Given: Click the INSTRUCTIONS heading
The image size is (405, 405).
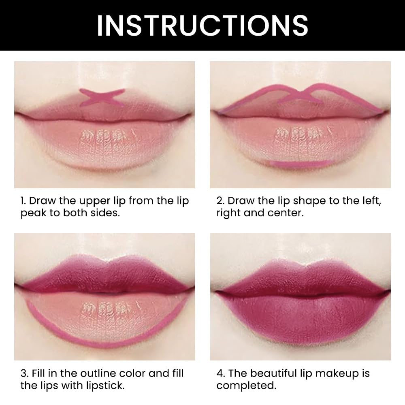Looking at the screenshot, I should point(202,25).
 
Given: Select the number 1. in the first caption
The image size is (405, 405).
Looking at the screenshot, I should point(24,201).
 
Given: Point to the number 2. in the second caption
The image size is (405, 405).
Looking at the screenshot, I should point(220,201).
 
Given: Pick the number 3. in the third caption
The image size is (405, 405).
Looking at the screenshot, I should point(24,373).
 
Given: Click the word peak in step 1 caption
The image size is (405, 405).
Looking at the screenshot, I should point(34,213).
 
